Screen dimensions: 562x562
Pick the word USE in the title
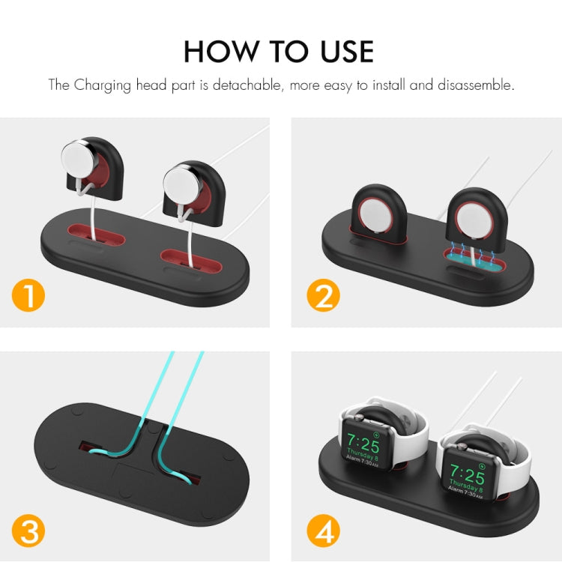click(x=342, y=50)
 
